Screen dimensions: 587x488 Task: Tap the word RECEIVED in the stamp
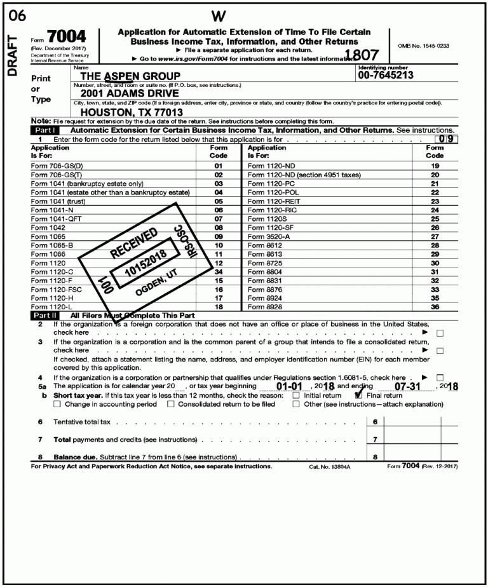pyautogui.click(x=135, y=241)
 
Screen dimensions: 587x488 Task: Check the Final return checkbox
pyautogui.click(x=359, y=395)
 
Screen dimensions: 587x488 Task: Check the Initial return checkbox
pyautogui.click(x=296, y=395)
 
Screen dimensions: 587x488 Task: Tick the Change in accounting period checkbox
pyautogui.click(x=58, y=404)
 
